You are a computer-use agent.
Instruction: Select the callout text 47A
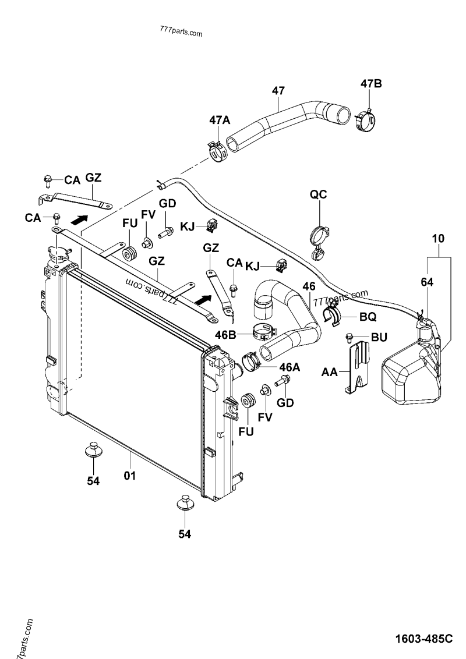(x=220, y=120)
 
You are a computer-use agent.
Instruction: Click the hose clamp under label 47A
(x=216, y=151)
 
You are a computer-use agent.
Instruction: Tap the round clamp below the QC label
(x=319, y=239)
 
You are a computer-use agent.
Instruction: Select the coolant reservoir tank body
(x=411, y=375)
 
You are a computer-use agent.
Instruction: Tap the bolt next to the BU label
(x=350, y=337)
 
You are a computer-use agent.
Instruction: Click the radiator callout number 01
(x=129, y=476)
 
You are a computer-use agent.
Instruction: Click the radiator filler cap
(x=56, y=254)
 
